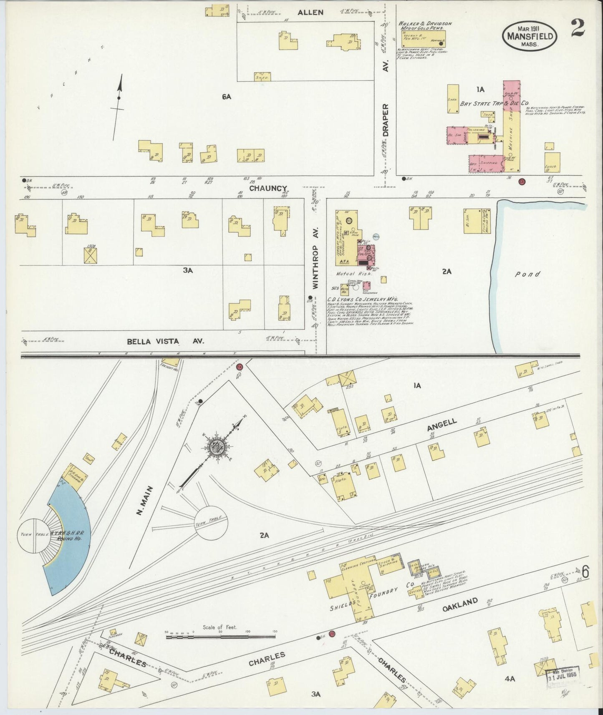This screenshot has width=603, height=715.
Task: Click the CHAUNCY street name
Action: [268, 188]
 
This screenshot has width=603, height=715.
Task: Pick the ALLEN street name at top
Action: [310, 12]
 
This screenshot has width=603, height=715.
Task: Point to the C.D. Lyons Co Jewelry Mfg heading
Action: [363, 300]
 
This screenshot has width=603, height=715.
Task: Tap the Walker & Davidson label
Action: [425, 26]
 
